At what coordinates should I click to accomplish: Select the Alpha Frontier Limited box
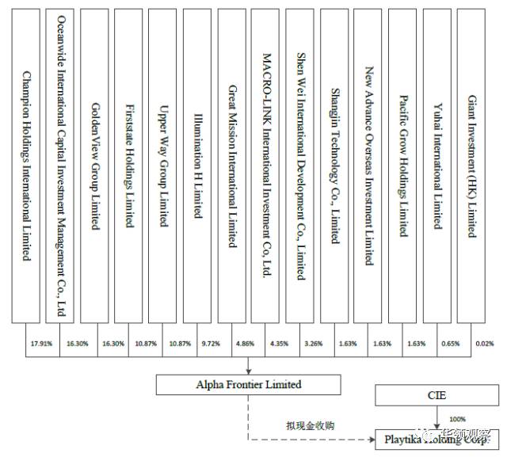248,385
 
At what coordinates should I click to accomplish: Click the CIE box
436,394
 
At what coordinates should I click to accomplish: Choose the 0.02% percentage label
485,344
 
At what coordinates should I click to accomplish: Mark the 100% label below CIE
458,419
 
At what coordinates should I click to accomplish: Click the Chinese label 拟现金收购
311,425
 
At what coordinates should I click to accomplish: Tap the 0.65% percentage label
450,344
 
